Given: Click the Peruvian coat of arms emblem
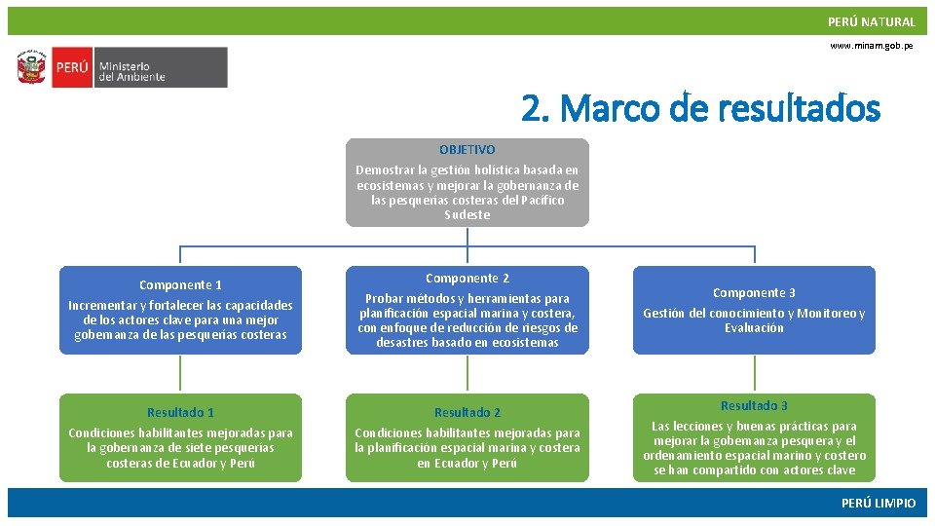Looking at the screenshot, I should [x=31, y=68].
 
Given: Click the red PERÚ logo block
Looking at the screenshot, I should [x=71, y=68].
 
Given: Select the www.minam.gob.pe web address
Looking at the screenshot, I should [x=872, y=46].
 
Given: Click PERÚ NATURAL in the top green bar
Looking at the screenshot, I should [x=871, y=21].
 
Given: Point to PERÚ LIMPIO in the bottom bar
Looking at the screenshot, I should [x=879, y=503].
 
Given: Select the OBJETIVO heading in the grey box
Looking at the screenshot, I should [x=467, y=150].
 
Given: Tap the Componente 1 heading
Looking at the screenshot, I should [x=180, y=285].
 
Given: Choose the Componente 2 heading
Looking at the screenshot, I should [x=467, y=279].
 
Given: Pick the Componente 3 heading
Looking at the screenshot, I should [x=754, y=293].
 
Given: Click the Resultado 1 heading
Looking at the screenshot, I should [x=180, y=413].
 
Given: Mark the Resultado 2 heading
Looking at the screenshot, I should [x=467, y=413].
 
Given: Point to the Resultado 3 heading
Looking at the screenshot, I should [x=754, y=406].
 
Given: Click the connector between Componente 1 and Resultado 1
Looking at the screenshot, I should [x=180, y=374].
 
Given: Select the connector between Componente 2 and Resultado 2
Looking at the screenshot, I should [x=467, y=374].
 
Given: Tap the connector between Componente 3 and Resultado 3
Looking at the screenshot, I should [x=754, y=374].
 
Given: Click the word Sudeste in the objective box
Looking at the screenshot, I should [x=467, y=215].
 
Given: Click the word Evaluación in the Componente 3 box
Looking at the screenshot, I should [x=754, y=328].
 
